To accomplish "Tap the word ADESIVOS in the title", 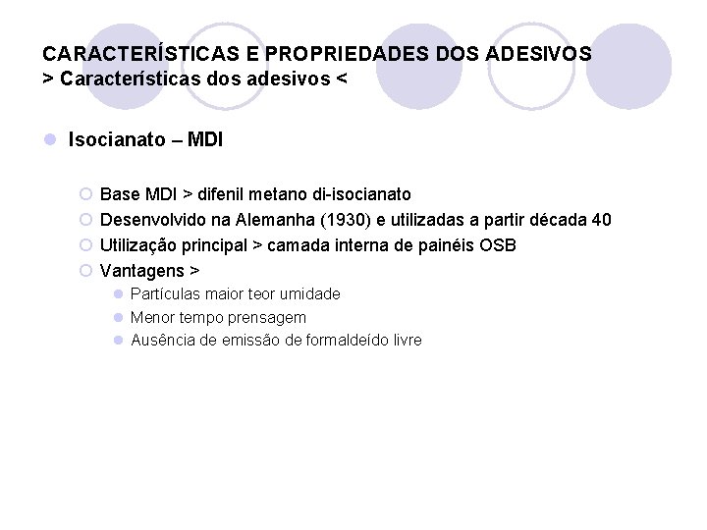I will coord(536,53).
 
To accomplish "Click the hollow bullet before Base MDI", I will coord(85,194).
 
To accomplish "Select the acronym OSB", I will coord(497,244).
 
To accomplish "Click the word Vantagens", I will coord(141,270).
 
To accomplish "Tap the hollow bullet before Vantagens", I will coord(85,270).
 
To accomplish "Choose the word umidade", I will coord(309,293).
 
